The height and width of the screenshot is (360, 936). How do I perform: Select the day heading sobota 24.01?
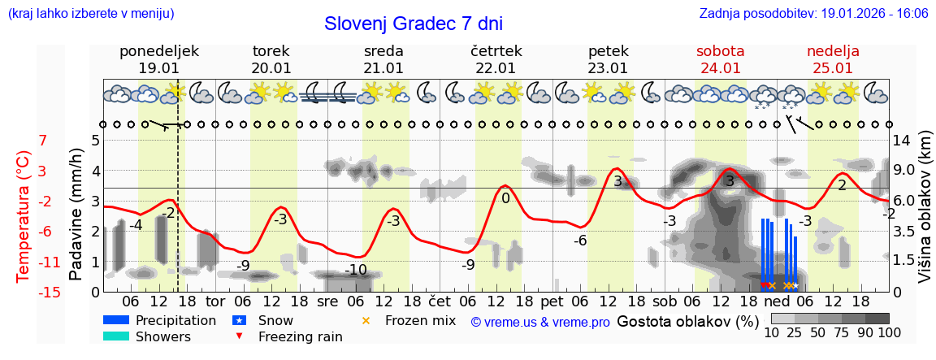click(720, 59)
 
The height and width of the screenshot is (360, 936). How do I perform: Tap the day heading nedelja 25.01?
click(833, 59)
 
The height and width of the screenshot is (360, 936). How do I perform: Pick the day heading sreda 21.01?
click(383, 59)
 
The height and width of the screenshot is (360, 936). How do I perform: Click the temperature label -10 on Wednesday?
click(356, 270)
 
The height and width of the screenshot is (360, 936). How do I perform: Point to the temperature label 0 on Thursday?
click(505, 198)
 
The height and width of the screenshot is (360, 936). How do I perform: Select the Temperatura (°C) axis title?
click(24, 216)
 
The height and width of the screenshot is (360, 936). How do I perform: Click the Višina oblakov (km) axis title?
click(925, 207)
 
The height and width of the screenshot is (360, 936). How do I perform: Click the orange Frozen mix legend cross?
click(366, 321)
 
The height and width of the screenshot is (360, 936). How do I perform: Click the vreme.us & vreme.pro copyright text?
click(540, 322)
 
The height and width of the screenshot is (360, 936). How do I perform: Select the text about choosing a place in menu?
click(91, 14)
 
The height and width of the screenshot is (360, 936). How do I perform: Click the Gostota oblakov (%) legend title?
click(687, 321)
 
